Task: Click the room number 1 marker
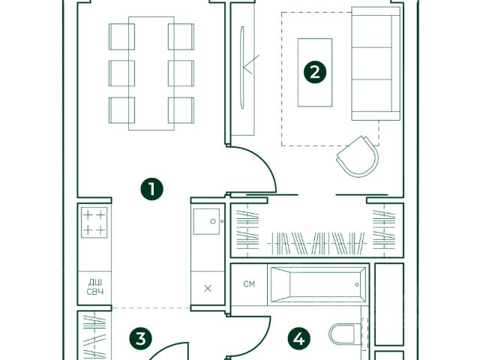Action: pos(151,189)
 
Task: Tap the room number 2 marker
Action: pos(315,73)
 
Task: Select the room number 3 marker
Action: pos(141,339)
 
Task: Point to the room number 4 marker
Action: pos(299,339)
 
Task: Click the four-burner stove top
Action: pos(94,223)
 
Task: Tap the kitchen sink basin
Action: pos(207,222)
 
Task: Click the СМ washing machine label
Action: pos(249,284)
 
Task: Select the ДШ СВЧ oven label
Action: pos(95,287)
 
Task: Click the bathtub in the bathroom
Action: pos(318,285)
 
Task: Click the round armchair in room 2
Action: pos(358,157)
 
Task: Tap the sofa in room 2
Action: pos(376,63)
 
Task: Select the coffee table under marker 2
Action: pos(315,73)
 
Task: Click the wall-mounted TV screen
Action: pos(242,67)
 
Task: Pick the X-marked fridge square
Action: pos(208,288)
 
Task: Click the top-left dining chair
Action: pos(121,37)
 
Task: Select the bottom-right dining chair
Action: pos(181,110)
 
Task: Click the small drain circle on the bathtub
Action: pos(357,285)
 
